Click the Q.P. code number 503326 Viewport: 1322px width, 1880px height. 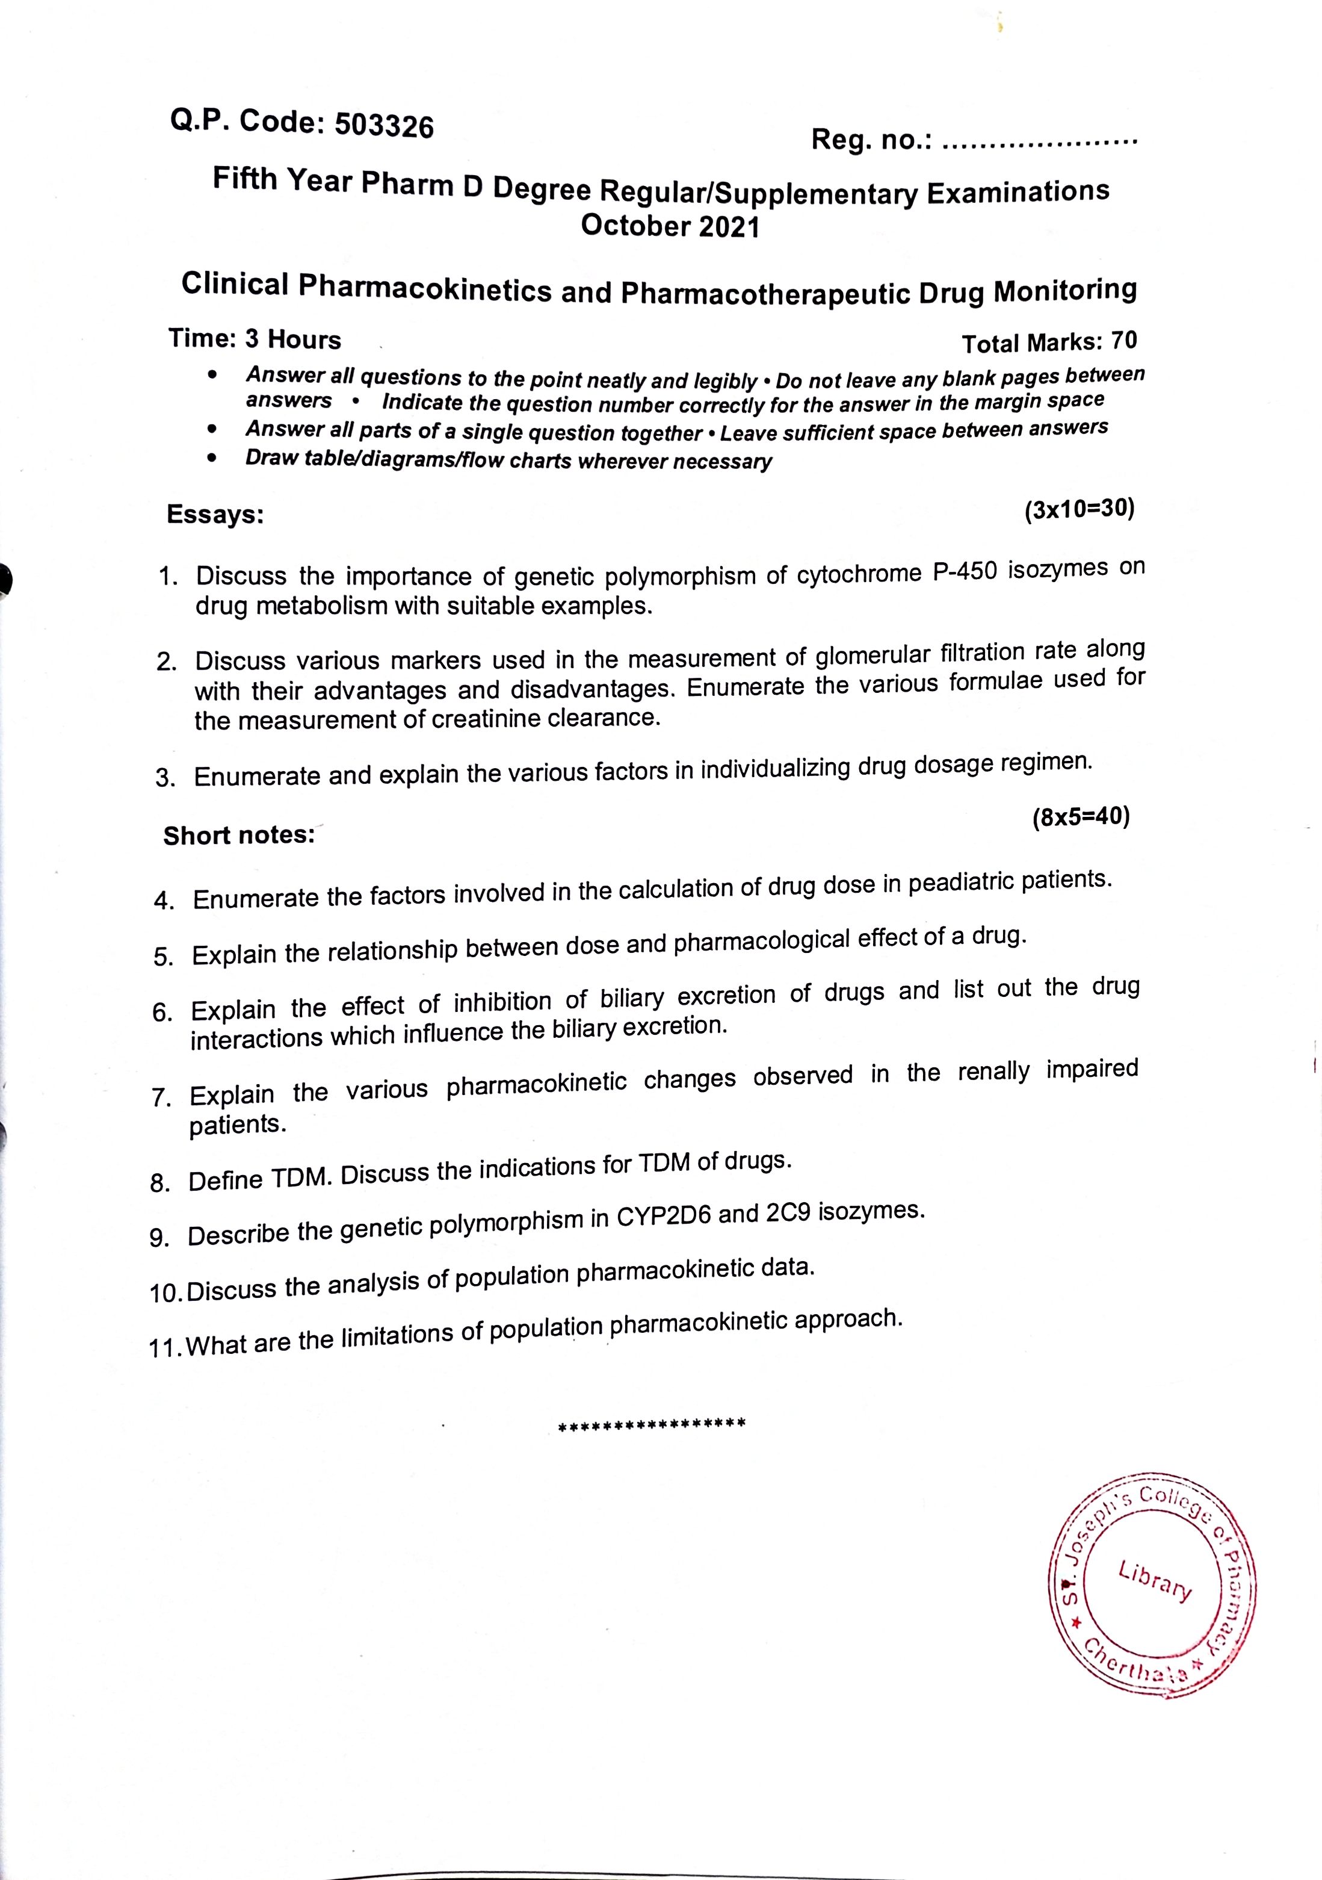point(384,126)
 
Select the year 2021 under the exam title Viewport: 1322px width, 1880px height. point(729,227)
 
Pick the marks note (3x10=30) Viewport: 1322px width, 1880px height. point(1079,509)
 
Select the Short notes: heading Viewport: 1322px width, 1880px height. point(239,835)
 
